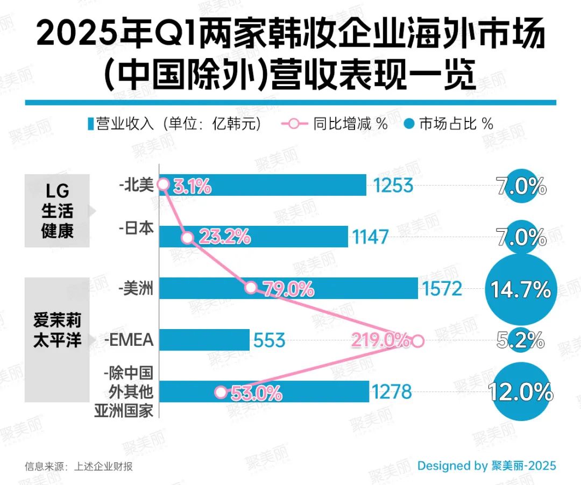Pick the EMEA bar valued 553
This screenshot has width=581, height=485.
pos(204,340)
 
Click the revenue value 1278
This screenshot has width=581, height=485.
pos(391,391)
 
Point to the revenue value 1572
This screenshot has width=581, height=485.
pos(442,289)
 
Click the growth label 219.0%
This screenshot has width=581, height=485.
pos(379,340)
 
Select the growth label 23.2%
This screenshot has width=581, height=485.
pos(224,237)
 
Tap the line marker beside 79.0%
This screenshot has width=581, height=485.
pos(251,288)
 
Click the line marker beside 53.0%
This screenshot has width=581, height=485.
pos(221,392)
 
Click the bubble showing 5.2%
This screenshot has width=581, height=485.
pos(520,340)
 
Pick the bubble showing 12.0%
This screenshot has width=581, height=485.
pos(520,392)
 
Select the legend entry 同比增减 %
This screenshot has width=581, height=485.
pos(334,124)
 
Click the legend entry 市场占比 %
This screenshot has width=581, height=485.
pos(450,124)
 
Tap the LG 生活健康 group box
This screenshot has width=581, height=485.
pos(57,211)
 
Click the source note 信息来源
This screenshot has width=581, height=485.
pos(79,466)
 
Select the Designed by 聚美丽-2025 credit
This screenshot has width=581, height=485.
pos(486,465)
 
